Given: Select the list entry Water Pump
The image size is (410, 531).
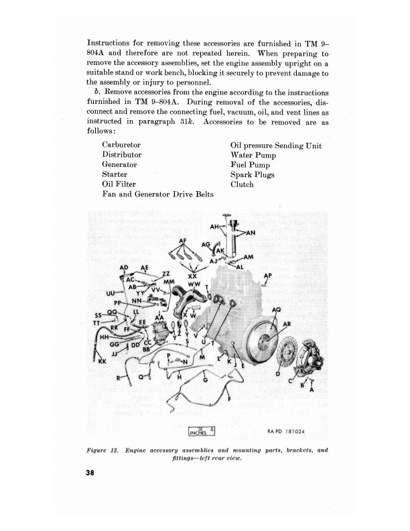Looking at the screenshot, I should click(x=253, y=155).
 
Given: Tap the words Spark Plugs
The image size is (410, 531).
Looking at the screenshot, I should click(x=253, y=175).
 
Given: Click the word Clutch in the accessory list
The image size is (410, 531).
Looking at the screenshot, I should click(x=242, y=184).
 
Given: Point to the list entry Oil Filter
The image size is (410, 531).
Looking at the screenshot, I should click(x=119, y=184).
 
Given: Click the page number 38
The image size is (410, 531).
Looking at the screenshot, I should click(x=91, y=473).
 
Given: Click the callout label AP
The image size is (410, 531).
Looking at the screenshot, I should click(x=268, y=276).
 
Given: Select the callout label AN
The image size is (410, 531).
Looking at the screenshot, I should click(x=251, y=233).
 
